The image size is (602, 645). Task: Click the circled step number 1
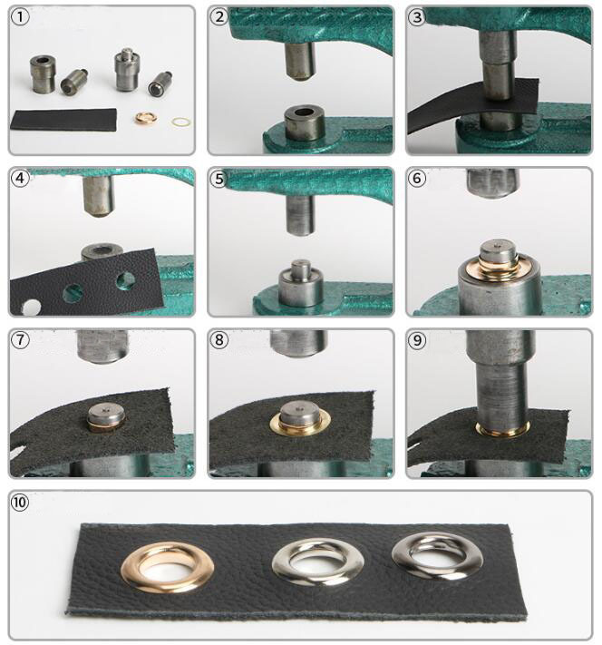coord(20,17)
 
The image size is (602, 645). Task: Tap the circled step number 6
coord(417,179)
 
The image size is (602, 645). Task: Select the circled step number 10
coord(20,503)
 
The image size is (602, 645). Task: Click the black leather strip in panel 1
coord(63,120)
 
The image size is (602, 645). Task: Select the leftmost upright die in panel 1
coord(43,73)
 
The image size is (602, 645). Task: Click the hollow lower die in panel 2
coord(306,123)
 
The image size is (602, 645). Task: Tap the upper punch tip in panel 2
coord(300,63)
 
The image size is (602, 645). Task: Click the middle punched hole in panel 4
coord(73,293)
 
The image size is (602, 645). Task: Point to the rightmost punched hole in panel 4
coord(126,279)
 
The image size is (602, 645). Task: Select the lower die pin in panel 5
coord(301,269)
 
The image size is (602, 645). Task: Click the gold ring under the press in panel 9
coord(503,430)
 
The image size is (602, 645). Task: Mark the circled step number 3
coord(417,17)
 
